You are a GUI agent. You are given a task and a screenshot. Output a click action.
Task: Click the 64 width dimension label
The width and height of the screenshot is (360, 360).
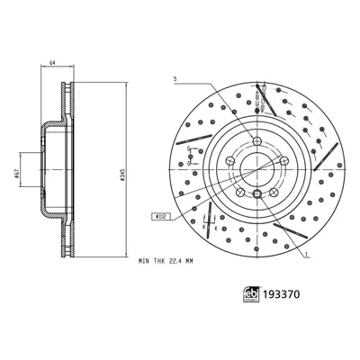tap(53, 62)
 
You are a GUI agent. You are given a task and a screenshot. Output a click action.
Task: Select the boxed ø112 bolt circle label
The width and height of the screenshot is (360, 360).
tap(163, 216)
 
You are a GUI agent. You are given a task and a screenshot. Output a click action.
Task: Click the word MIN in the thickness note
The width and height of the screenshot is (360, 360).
tap(146, 261)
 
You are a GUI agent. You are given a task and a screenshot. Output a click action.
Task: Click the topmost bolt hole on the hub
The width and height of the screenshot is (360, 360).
tap(257, 140)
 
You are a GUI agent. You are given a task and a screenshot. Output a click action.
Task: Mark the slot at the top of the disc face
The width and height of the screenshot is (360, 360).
tap(259, 96)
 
